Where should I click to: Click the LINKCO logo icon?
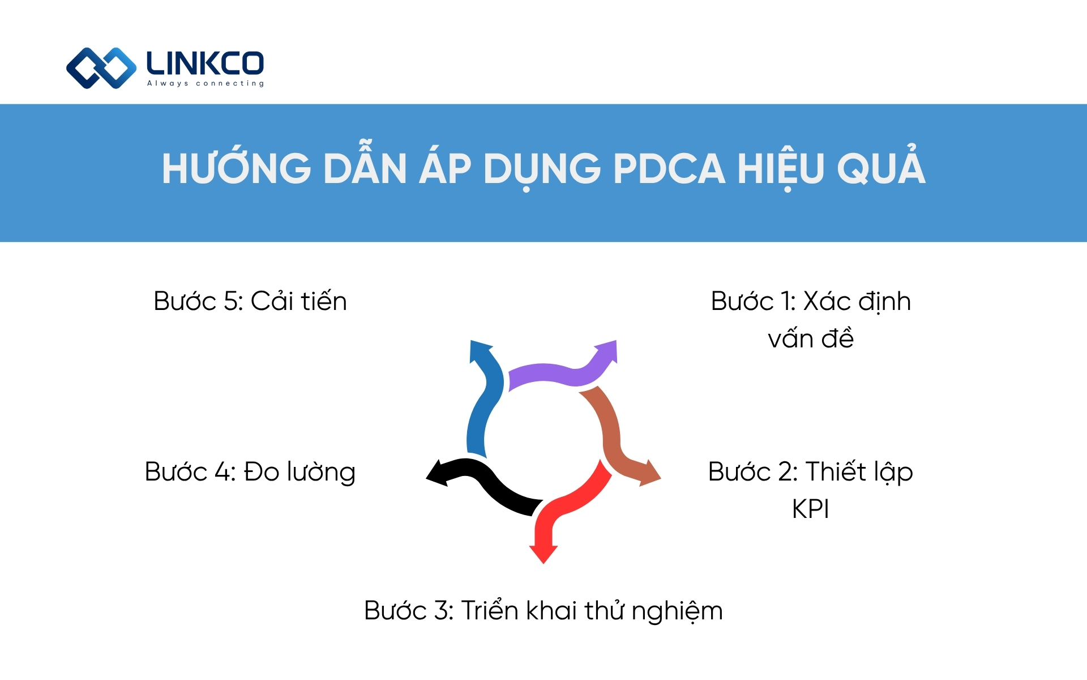coord(101,68)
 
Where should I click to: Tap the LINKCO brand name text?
coord(205,63)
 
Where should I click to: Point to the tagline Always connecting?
coord(206,84)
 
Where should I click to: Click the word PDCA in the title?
coord(669,169)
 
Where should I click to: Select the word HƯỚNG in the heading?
coord(236,169)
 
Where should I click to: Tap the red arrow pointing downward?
coord(560,510)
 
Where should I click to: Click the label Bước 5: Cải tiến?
coord(250,301)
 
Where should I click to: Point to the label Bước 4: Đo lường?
coord(250,472)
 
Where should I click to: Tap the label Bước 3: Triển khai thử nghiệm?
coord(543,611)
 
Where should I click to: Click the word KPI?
coord(810,509)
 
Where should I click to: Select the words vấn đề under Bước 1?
coord(810,339)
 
